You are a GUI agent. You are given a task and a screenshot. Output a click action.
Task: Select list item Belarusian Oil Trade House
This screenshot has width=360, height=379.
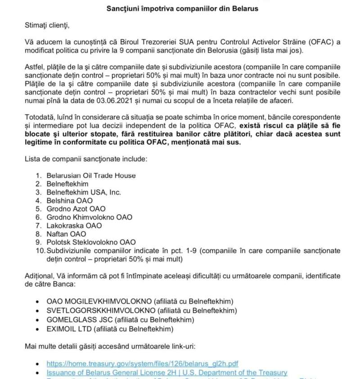[91, 176]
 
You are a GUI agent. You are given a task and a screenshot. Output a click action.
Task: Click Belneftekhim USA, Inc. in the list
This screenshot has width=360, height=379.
[83, 192]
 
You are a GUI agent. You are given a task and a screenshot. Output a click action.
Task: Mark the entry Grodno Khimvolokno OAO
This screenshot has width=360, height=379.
[89, 217]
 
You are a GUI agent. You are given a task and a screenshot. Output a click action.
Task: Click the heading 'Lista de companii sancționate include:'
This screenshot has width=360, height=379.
[86, 159]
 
